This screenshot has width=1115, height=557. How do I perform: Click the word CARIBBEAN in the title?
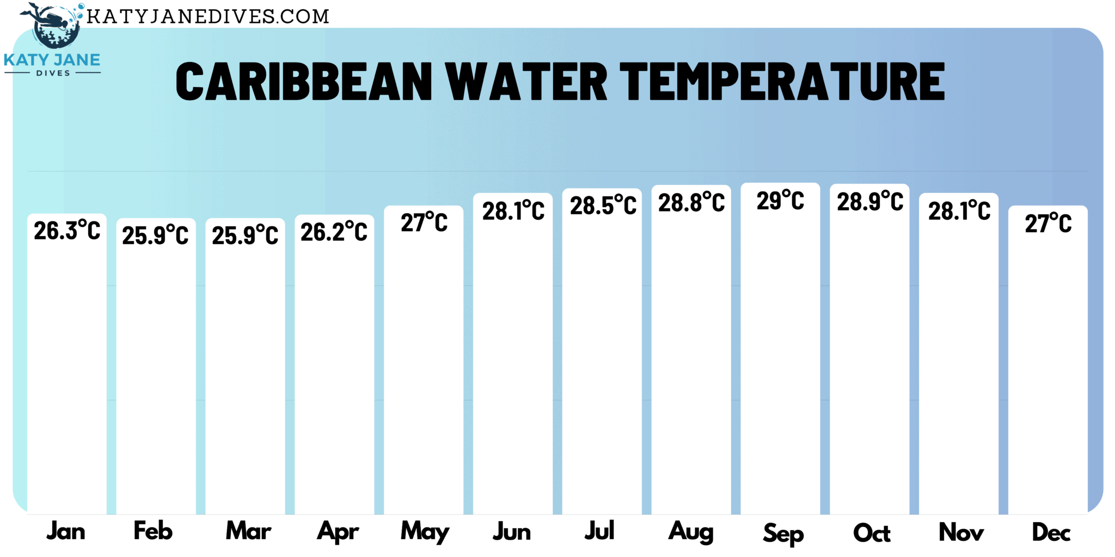[304, 82]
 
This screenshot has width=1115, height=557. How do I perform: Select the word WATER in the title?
[526, 82]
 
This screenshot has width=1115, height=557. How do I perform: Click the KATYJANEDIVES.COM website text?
[208, 16]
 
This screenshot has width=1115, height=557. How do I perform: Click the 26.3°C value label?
[67, 231]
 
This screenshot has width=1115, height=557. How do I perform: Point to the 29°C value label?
[780, 201]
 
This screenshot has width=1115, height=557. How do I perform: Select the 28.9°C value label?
[869, 202]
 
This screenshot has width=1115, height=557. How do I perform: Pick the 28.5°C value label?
[603, 206]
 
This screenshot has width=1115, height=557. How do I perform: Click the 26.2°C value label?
[334, 232]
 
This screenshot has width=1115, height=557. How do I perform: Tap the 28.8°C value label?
[691, 203]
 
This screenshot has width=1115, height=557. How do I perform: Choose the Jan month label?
[66, 531]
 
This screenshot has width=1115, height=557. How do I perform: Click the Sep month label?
[783, 534]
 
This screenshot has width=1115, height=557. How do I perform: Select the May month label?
[425, 532]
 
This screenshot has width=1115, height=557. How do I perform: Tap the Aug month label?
[691, 531]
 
